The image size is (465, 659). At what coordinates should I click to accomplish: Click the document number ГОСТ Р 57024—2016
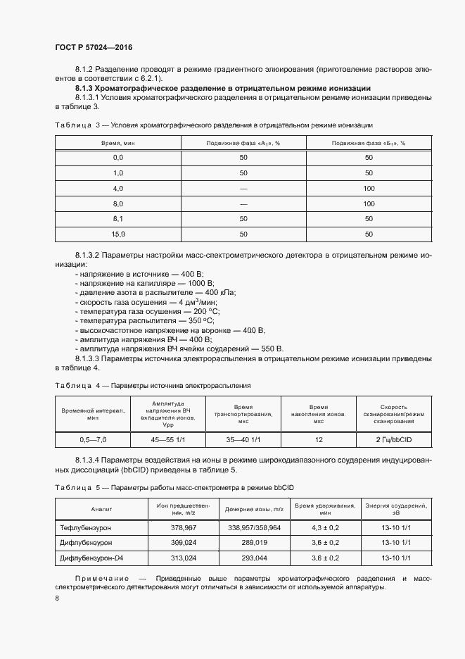point(93,47)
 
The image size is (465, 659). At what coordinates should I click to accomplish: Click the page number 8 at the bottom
point(56,598)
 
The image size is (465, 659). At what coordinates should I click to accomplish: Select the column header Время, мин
point(117,143)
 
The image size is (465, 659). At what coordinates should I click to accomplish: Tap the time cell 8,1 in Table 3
point(117,218)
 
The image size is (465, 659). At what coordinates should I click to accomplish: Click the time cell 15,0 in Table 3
point(117,234)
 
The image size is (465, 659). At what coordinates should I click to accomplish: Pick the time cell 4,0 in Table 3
point(117,188)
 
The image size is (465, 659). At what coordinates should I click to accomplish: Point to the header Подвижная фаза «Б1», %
point(368,143)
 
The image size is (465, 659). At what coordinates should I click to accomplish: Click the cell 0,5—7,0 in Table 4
point(93,439)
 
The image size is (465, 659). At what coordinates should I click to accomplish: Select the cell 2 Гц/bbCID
point(393,439)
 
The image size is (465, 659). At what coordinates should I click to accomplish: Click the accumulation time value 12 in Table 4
point(319,439)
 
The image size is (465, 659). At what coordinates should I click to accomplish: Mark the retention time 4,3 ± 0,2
point(325,527)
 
